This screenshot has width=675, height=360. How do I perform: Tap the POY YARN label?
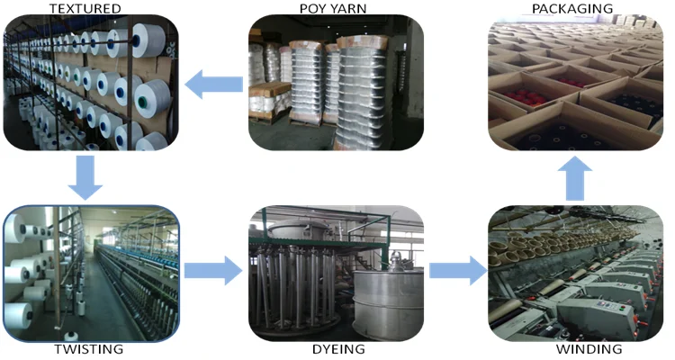tap(335, 8)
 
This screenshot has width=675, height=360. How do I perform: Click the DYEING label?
tap(335, 349)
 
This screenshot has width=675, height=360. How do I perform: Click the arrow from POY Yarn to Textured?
tap(214, 85)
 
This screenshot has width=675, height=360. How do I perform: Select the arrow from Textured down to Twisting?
tap(86, 176)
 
